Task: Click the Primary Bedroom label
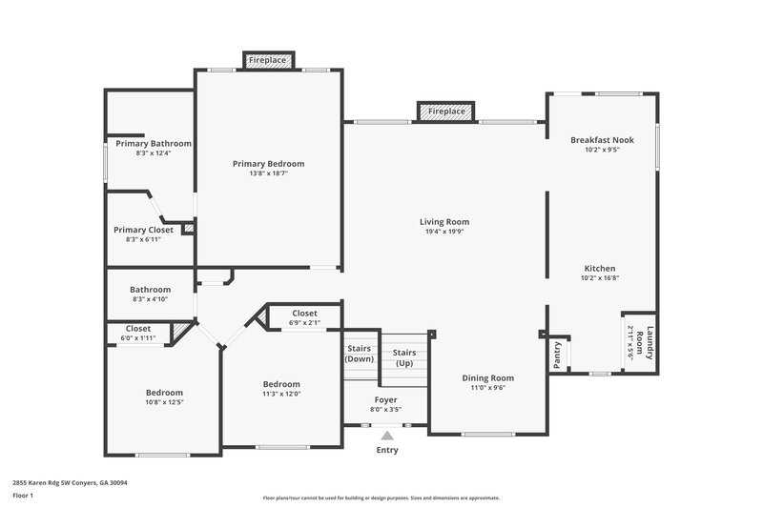pos(268,163)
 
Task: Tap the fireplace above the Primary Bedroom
pos(268,60)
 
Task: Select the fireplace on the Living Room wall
pos(446,112)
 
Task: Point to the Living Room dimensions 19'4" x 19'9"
pos(444,232)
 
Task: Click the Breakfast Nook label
pos(602,139)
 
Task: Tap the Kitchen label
pos(600,268)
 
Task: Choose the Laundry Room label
pos(650,343)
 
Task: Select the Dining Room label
pos(488,377)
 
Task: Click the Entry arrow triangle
pos(387,436)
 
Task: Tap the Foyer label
pos(385,399)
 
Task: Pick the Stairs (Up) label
pos(404,357)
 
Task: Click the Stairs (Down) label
pos(360,354)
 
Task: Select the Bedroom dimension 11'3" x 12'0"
pos(281,394)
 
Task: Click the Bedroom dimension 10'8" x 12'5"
pos(164,401)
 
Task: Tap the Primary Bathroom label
pos(154,143)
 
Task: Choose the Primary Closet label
pos(143,230)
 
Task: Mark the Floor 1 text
pos(22,497)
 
